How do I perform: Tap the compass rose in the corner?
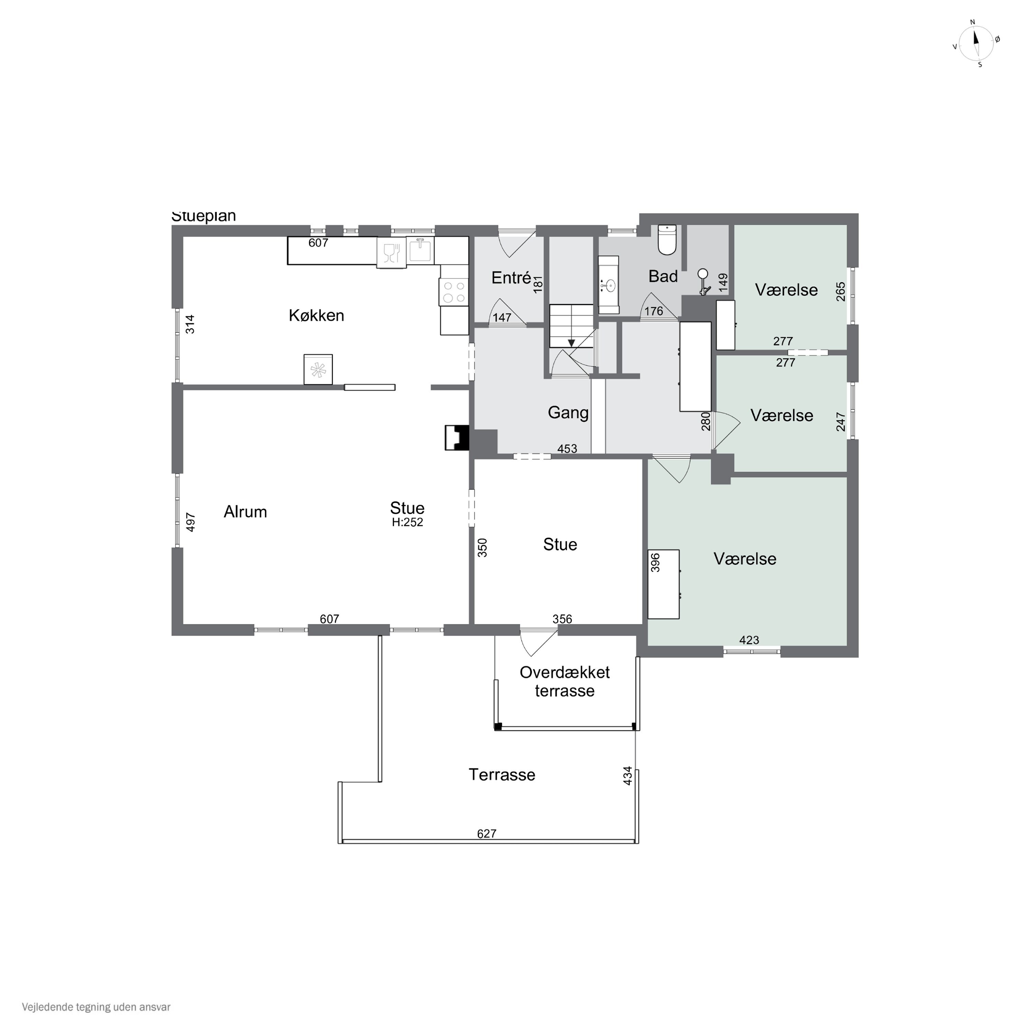976,44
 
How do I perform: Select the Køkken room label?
316,316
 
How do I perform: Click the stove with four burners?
454,292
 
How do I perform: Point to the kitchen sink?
421,251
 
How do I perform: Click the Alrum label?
245,512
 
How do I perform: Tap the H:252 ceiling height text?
407,523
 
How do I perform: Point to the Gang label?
568,413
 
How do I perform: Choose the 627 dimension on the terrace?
487,833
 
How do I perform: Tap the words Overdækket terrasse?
564,681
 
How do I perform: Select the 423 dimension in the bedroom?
749,640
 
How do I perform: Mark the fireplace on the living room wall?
457,438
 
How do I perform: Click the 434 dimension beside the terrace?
628,776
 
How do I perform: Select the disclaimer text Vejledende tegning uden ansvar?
96,1007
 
